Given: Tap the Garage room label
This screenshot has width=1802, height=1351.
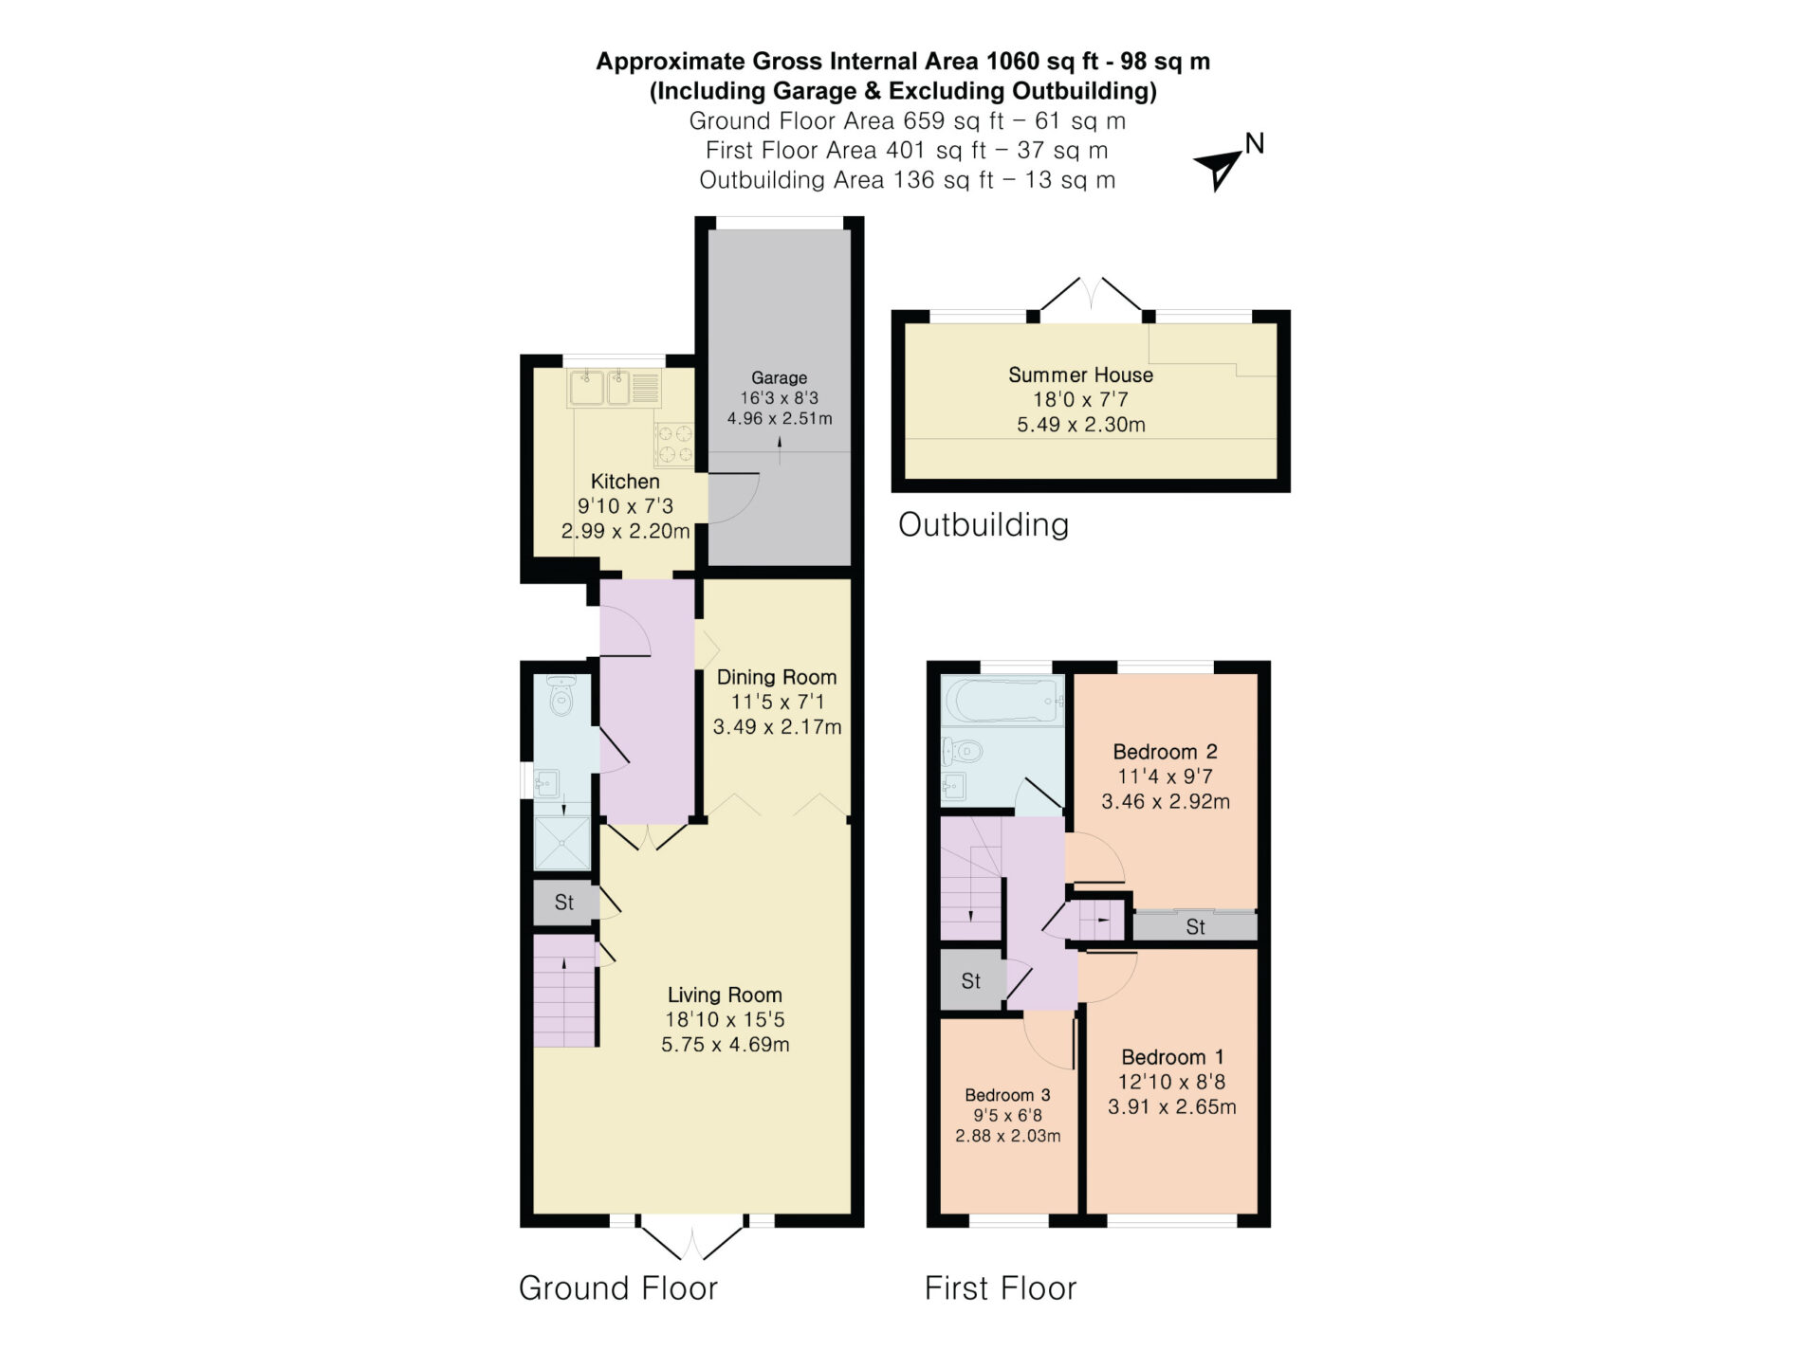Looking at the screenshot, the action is pos(780,377).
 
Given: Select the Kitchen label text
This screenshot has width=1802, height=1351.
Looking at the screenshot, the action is pos(625,482).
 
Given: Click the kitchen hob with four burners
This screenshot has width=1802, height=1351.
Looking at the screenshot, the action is pos(674,444).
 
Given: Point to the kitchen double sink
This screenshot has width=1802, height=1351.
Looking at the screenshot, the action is pos(599,388).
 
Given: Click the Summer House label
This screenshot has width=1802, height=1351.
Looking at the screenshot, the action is pos(1081,374).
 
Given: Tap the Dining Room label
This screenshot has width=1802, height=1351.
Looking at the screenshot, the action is pos(777,677).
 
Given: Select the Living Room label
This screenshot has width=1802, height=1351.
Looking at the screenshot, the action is pos(725,995).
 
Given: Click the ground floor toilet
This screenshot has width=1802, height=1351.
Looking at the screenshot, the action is pos(561,697).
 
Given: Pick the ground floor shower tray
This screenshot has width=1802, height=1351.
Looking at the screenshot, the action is pos(562,843).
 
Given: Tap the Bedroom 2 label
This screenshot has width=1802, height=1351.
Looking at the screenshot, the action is pos(1165,752).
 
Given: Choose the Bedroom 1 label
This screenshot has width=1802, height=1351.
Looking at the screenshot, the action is pos(1172,1057).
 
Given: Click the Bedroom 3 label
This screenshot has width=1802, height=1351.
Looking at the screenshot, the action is pos(1007,1095).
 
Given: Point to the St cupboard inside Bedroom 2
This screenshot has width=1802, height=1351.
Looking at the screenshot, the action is pos(1195,926).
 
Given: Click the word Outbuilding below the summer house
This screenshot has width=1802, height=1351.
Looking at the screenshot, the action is pos(984,524).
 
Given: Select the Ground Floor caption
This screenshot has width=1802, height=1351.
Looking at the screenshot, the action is pos(617,1287).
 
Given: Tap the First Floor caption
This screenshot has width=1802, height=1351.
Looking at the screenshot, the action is pos(1001,1287).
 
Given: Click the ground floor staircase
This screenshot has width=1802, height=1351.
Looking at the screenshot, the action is pos(564,991).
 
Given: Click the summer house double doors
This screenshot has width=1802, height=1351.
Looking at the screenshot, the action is pos(1091,294).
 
